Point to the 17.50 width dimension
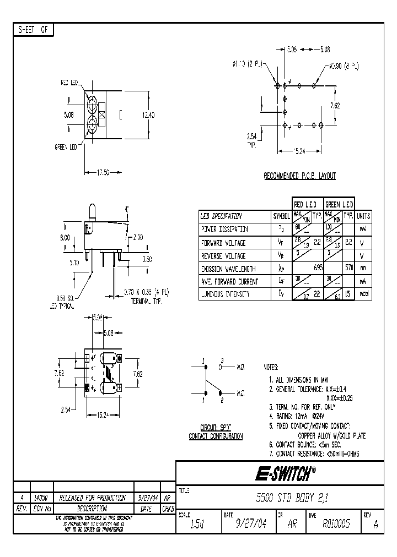103,172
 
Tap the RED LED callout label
69,83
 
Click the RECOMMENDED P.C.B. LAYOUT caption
299,176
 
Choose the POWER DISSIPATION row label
224,229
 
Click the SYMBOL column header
281,216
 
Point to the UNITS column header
363,216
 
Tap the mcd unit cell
363,294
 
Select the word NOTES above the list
271,367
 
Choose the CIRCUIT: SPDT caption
215,427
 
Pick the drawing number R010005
337,525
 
